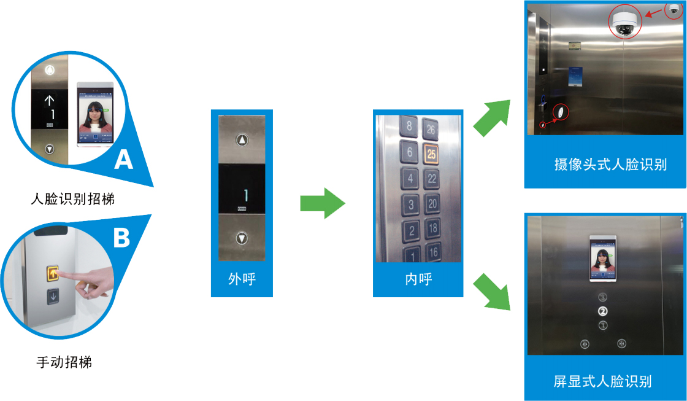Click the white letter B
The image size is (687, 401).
tap(121, 237)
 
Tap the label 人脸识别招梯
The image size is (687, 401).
tap(73, 200)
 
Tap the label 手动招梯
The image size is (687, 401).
tap(64, 362)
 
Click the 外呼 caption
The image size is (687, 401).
tap(242, 279)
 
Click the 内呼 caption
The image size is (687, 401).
tap(418, 279)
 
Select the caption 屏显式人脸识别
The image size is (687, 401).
tap(602, 381)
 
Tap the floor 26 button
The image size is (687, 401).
tap(431, 130)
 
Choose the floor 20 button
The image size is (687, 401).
tap(432, 204)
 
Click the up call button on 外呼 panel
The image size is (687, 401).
tap(244, 141)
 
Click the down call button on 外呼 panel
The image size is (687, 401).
tap(243, 238)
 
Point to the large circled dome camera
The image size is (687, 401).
tap(625, 22)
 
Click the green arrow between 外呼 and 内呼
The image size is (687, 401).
tap(323, 203)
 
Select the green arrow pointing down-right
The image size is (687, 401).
tap(493, 292)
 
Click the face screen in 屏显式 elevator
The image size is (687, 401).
tap(602, 258)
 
